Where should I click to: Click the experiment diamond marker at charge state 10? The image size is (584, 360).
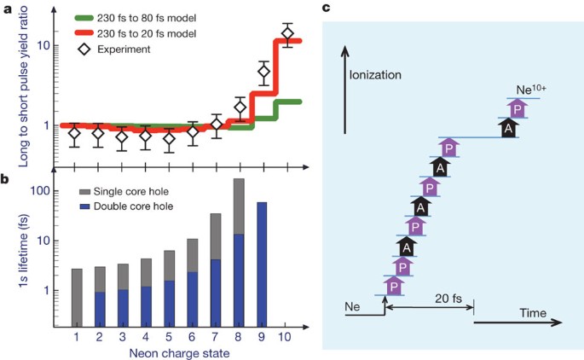point(287,33)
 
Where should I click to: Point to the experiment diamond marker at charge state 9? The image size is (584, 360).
point(263,72)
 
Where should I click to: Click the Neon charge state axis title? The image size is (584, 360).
point(181,352)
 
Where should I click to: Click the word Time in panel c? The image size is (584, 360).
point(533,315)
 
